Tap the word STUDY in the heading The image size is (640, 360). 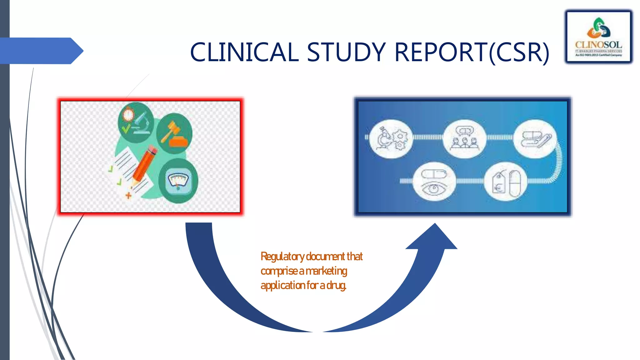click(346, 52)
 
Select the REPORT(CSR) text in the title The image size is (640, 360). click(472, 52)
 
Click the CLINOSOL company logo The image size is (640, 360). click(598, 37)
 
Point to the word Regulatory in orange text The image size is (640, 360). click(282, 257)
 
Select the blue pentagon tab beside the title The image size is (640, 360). click(41, 51)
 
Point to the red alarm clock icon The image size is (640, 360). click(128, 115)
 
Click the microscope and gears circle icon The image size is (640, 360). click(391, 139)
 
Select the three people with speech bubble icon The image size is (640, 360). click(464, 139)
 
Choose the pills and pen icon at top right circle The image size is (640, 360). click(535, 139)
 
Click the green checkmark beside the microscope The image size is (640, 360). click(126, 128)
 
